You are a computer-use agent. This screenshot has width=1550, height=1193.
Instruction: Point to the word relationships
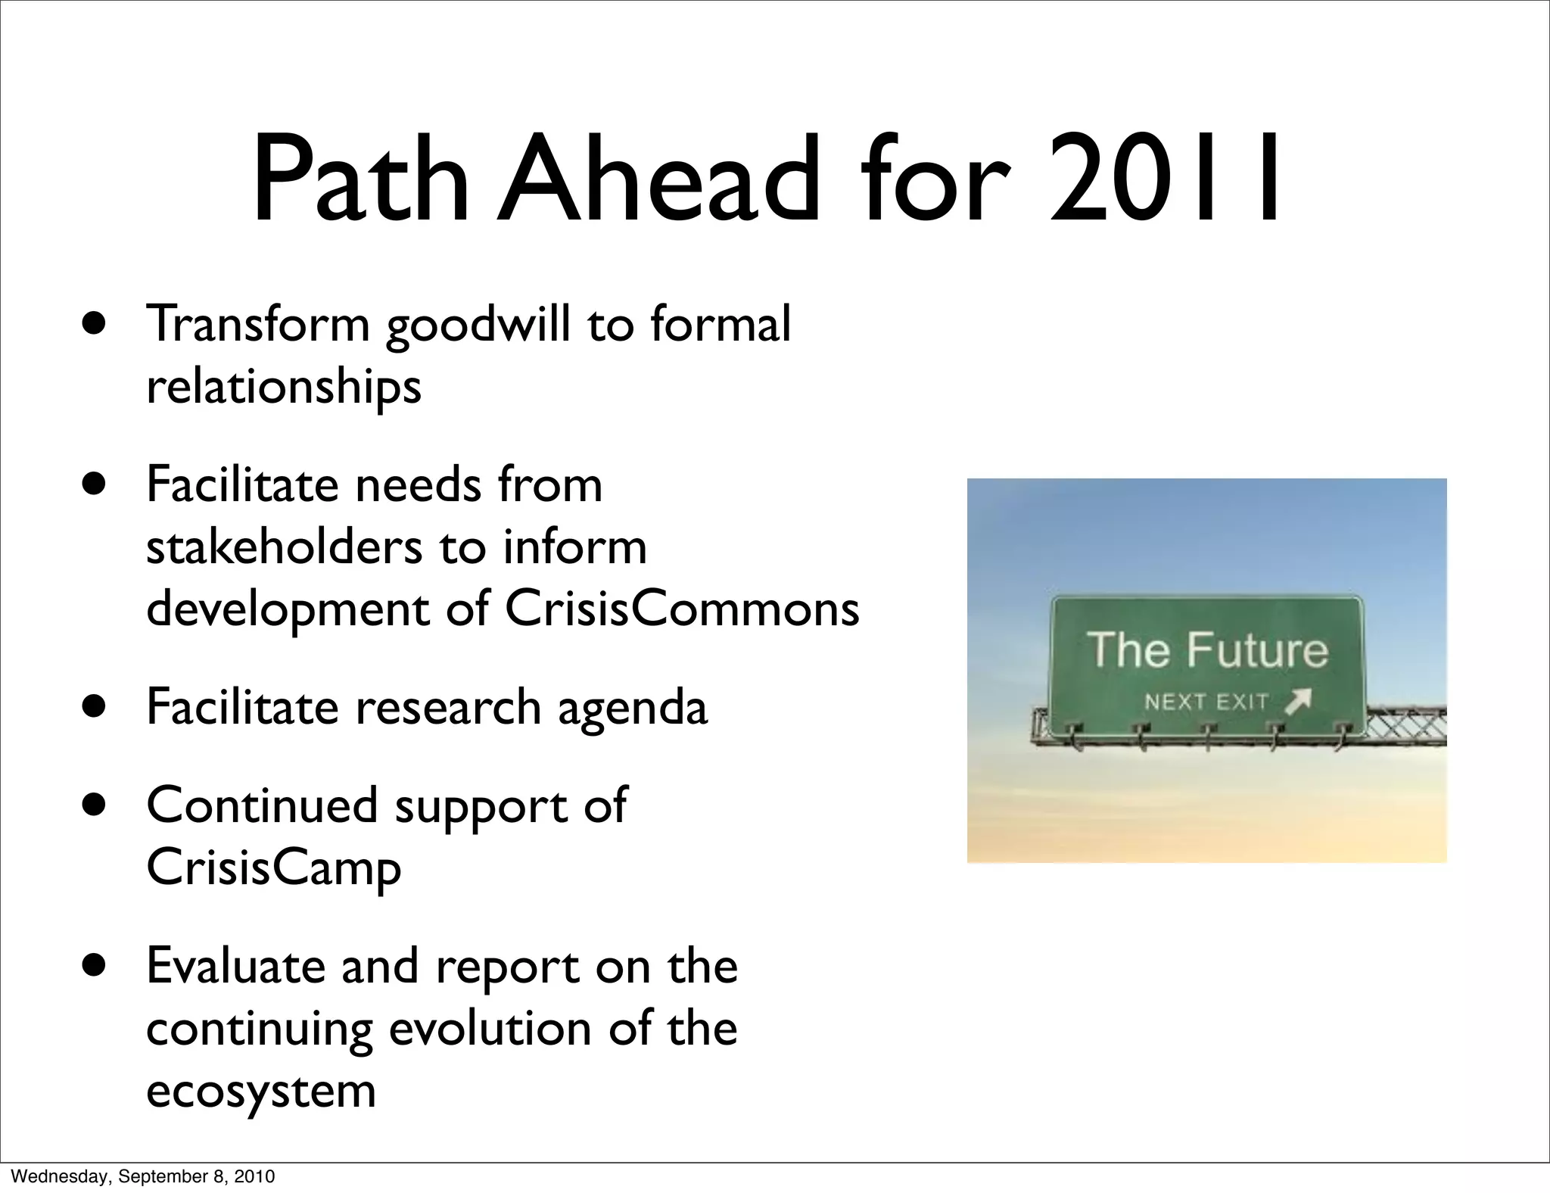point(283,387)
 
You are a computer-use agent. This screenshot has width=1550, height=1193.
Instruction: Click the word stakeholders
point(284,547)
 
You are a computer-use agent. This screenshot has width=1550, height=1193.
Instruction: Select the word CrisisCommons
point(681,609)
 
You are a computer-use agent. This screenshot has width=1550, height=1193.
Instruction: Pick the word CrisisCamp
point(273,867)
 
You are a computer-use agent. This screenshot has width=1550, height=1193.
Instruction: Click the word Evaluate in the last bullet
point(235,966)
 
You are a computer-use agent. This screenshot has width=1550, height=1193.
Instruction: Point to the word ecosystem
point(260,1092)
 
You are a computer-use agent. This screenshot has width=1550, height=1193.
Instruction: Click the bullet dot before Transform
point(95,325)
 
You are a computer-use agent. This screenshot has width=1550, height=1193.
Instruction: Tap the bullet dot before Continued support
point(95,805)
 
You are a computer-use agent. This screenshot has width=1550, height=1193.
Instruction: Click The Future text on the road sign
point(1207,650)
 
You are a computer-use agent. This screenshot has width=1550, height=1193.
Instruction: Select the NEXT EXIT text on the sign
point(1206,702)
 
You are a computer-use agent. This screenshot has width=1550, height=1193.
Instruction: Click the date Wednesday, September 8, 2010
point(143,1176)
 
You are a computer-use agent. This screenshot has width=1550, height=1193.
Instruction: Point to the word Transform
point(257,324)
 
